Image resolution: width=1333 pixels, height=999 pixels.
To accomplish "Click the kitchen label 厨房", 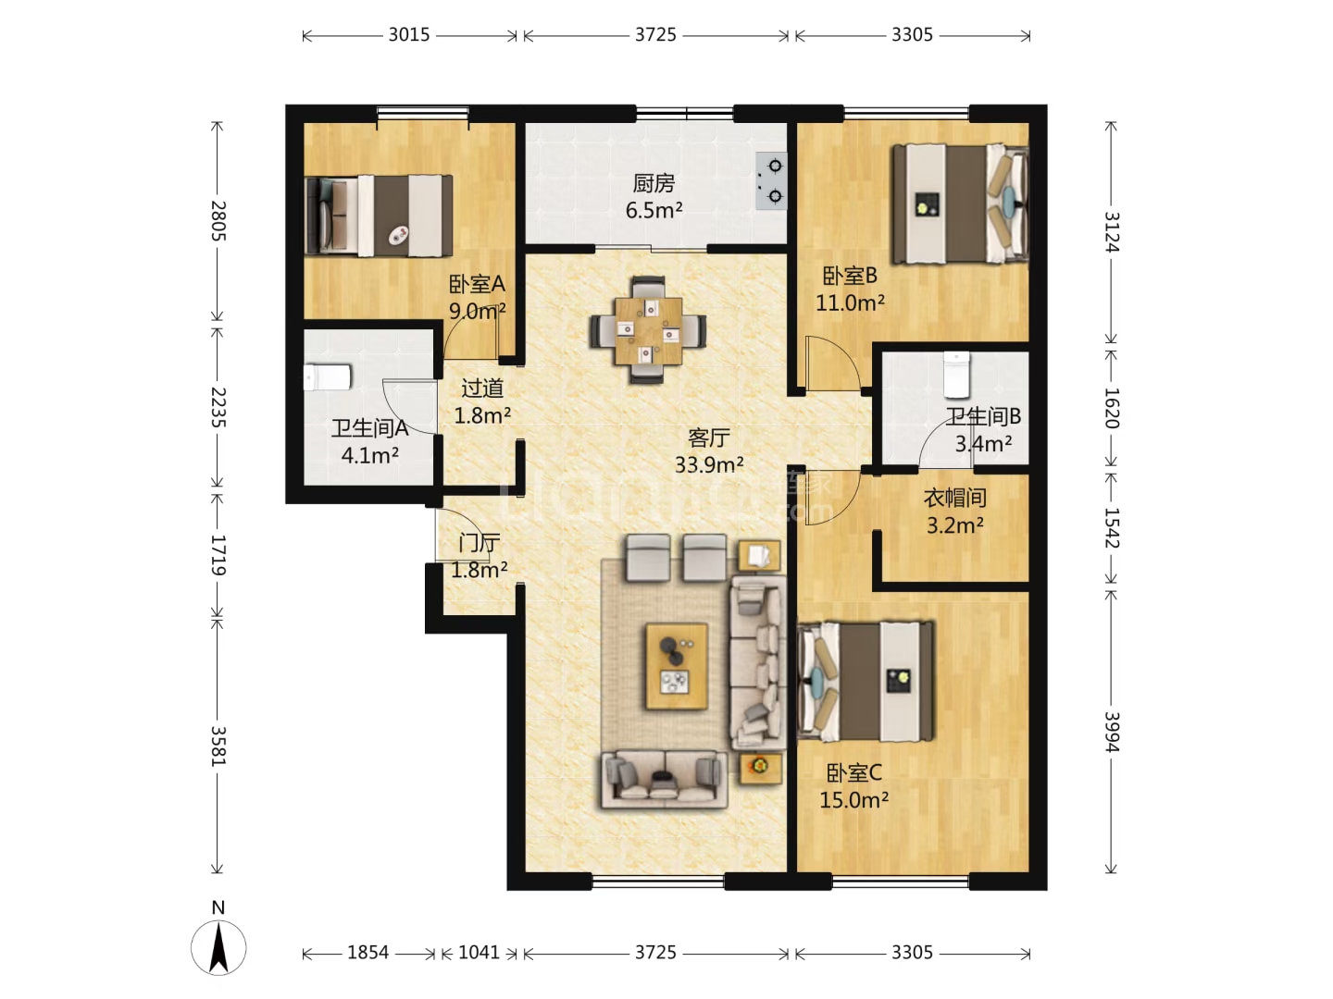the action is point(654,182).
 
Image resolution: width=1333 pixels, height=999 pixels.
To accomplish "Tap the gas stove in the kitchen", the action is point(771,180).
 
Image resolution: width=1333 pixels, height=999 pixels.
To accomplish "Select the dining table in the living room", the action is point(648,330).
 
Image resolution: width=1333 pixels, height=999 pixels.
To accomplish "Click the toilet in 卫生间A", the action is point(328,377).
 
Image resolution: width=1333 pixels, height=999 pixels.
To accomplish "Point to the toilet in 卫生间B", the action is point(956,375).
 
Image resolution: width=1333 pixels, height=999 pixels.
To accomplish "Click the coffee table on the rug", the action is point(677,666).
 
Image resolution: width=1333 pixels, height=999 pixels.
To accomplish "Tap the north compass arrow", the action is point(218,948).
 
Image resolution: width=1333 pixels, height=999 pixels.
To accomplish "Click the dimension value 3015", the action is point(409,34).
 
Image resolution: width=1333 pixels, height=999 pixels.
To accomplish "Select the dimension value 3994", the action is point(1112,732).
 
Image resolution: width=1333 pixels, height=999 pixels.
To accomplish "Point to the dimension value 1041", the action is point(479,953).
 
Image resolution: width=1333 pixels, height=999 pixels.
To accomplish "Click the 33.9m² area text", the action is point(709,464).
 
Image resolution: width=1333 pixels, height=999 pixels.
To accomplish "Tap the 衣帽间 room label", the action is point(954,498).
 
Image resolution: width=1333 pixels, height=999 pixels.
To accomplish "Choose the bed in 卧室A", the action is point(379,216).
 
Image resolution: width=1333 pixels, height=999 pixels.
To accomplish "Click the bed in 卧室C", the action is point(866,681).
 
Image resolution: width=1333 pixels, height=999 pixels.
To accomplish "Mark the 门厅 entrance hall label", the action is point(480,542).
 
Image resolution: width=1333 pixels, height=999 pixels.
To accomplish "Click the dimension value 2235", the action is point(218,407).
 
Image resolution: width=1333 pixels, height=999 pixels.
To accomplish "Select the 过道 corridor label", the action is point(482,388).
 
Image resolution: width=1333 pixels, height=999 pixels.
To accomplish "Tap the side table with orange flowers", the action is point(760,768).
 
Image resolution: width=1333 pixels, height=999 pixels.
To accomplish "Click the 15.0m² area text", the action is point(854,800).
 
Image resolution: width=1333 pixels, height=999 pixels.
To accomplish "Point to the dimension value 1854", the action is point(368,953).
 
